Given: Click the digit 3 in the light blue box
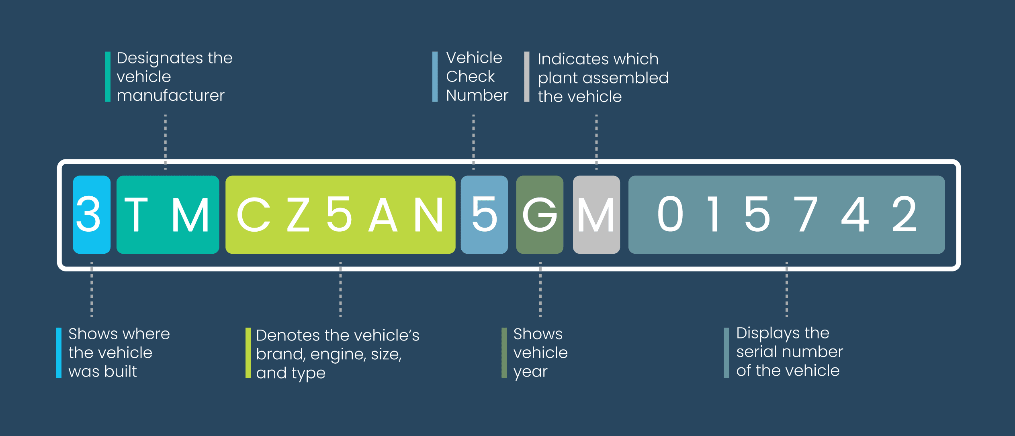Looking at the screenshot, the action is pyautogui.click(x=88, y=214).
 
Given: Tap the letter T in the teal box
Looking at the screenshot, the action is pyautogui.click(x=136, y=214).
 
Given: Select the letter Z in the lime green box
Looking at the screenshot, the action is pyautogui.click(x=298, y=214).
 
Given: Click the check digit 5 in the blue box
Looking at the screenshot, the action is pyautogui.click(x=484, y=214).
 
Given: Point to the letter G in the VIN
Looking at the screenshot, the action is pyautogui.click(x=540, y=214).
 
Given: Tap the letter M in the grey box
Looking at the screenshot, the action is pyautogui.click(x=596, y=214).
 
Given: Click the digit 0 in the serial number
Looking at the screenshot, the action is pyautogui.click(x=670, y=214).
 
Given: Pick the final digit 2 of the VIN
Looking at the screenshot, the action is pyautogui.click(x=904, y=214).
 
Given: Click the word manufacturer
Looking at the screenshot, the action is pyautogui.click(x=170, y=96).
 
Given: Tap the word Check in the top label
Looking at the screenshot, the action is pyautogui.click(x=470, y=76).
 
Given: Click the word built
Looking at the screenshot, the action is pyautogui.click(x=120, y=371).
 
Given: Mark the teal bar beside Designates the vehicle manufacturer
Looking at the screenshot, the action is pyautogui.click(x=108, y=77).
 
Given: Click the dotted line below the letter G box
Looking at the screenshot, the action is pyautogui.click(x=540, y=289).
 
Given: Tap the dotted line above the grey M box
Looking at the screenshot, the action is pyautogui.click(x=596, y=142).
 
